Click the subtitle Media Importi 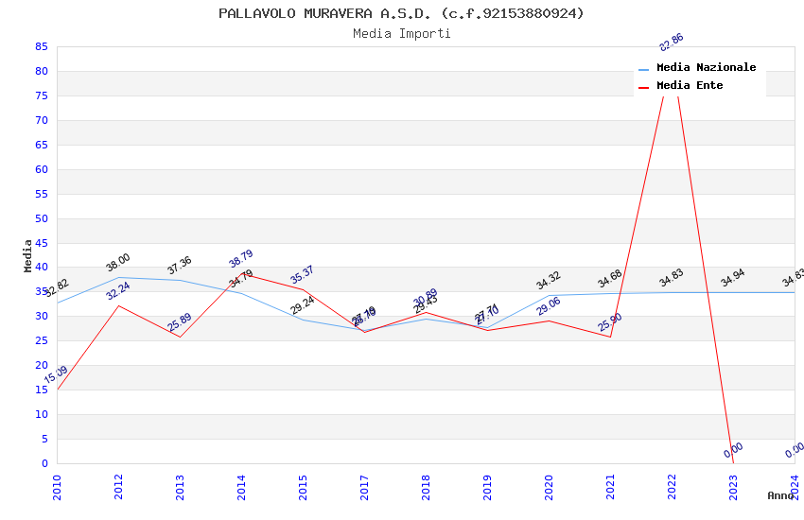point(401,34)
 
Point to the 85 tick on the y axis point(41,46)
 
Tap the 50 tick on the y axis point(41,218)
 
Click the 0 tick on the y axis point(44,463)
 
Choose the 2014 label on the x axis point(241,487)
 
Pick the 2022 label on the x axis point(672,487)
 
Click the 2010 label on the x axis point(57,487)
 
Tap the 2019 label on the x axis point(487,487)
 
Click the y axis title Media point(28,255)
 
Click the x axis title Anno point(780,495)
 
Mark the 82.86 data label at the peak point(672,43)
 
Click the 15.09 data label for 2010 point(56,375)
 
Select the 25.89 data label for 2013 point(180,322)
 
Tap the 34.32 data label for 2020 point(549,281)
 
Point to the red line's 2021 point point(610,337)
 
